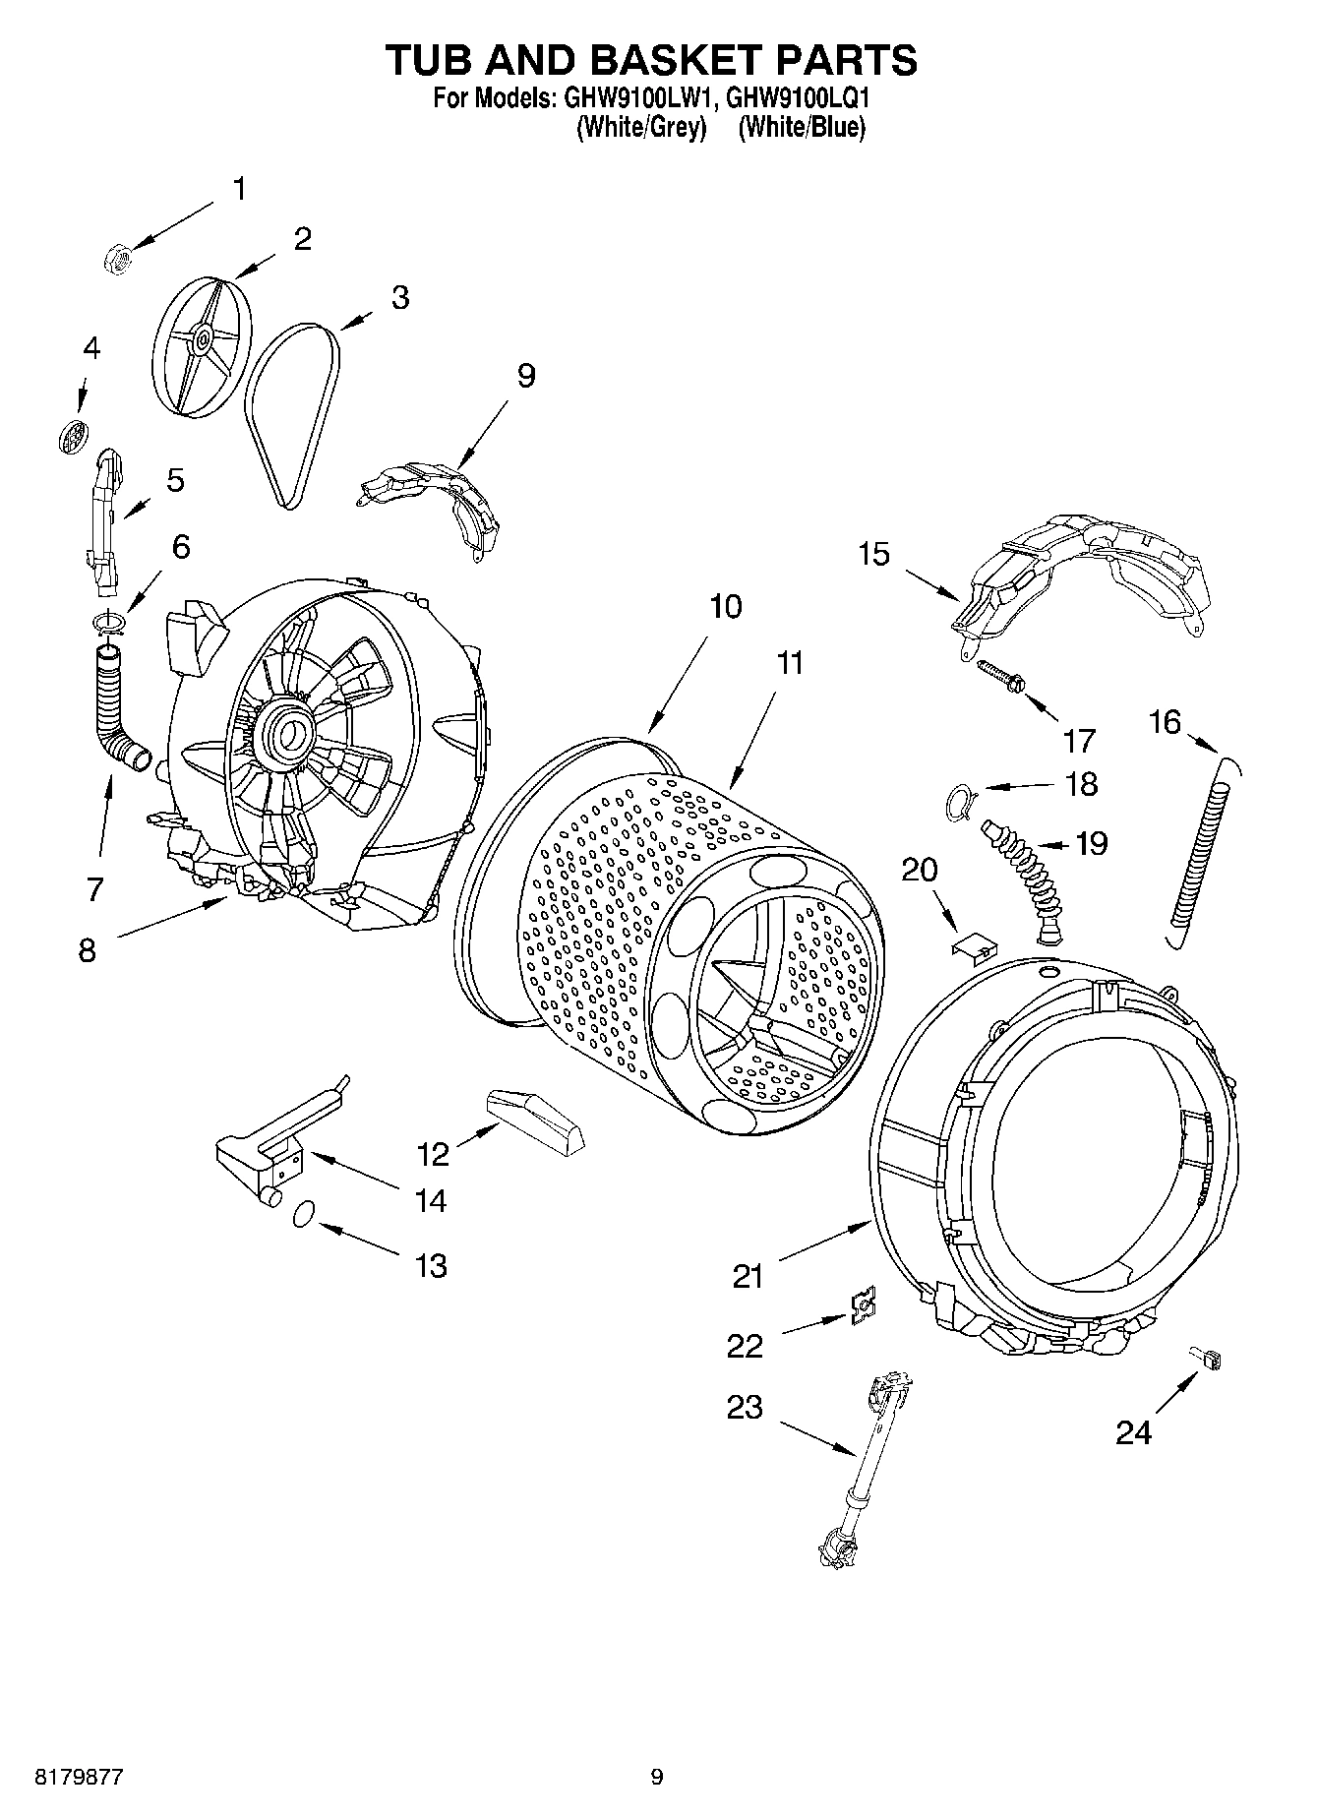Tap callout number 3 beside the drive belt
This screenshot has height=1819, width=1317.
point(399,297)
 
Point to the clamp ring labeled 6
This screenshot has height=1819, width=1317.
point(110,622)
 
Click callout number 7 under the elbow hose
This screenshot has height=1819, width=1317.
point(94,889)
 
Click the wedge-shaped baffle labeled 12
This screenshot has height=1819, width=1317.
point(536,1120)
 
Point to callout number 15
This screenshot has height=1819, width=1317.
point(873,555)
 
